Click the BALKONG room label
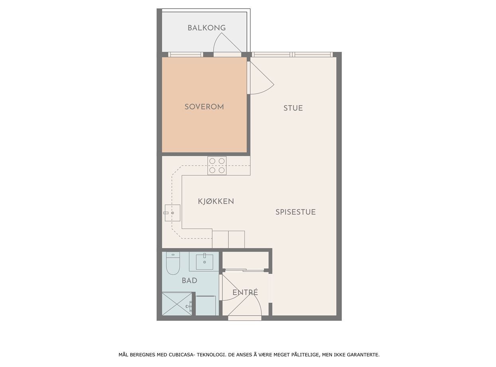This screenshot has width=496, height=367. coord(207,28)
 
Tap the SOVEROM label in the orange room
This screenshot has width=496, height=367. coord(204,107)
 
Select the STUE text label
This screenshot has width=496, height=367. coord(293,108)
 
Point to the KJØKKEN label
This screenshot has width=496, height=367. coord(216,201)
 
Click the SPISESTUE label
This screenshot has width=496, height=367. coord(295,212)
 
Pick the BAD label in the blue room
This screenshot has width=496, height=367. coord(189,281)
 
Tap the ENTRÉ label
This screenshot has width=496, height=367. coord(245,292)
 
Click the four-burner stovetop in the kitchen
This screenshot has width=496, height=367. coord(217,166)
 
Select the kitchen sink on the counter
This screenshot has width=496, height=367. coord(172,213)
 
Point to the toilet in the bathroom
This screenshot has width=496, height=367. coord(173,263)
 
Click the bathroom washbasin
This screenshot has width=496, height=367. coord(205,262)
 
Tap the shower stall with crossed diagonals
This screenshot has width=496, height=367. coord(177,304)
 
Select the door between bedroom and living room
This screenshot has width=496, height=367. coord(260,78)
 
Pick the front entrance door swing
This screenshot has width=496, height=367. coord(245,307)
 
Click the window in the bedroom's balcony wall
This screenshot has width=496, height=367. coord(185,55)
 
